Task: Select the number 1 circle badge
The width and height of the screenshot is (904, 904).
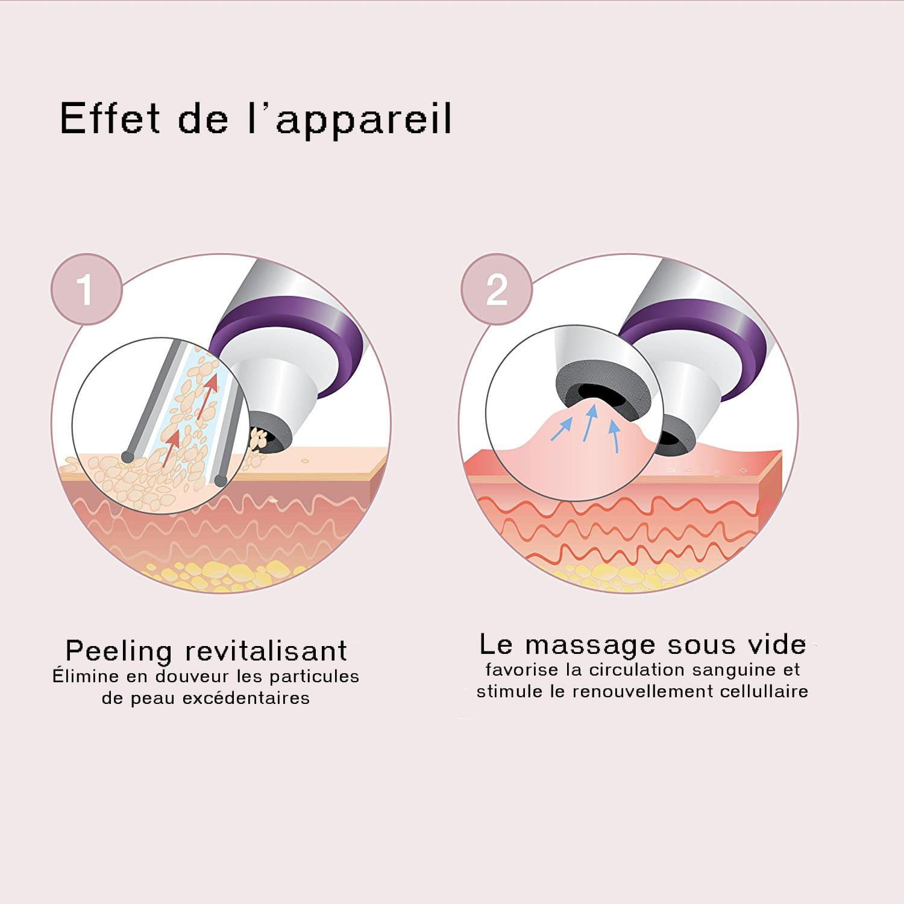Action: (86, 289)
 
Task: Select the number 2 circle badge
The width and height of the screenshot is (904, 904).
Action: (497, 289)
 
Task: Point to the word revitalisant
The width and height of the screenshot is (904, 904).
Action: (266, 651)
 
